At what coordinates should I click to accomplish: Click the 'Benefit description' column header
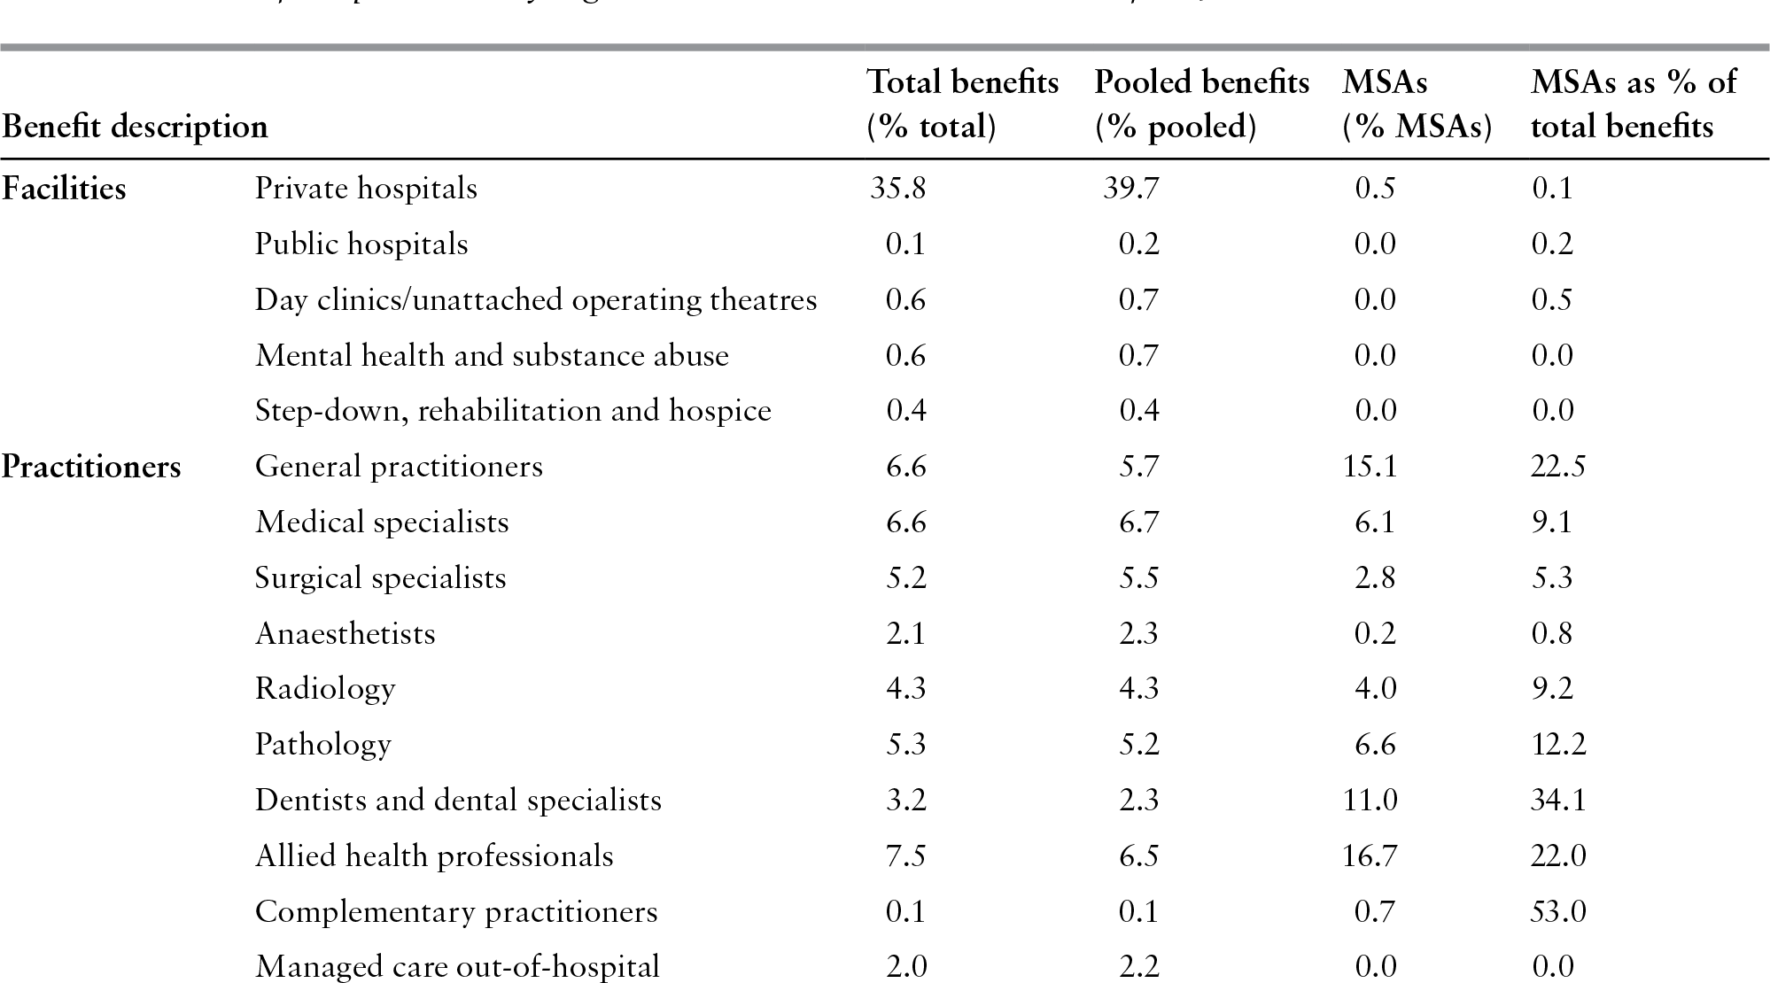pos(135,127)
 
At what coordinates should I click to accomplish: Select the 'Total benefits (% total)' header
pos(962,104)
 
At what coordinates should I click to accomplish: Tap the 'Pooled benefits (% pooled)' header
pos(1201,104)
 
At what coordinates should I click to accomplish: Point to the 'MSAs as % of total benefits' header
pos(1633,104)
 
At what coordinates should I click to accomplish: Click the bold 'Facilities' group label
pos(64,189)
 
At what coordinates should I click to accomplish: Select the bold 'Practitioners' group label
pos(91,467)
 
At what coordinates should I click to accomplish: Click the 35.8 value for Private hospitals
pos(898,189)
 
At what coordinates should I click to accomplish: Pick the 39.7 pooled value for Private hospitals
pos(1130,189)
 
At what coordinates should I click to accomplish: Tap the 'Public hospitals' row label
pos(361,244)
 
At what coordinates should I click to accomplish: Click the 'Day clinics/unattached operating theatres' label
pos(536,300)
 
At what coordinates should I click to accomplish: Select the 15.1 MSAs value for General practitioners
pos(1370,467)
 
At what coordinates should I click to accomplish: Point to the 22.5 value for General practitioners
pos(1557,467)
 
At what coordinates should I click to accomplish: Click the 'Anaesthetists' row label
pos(345,634)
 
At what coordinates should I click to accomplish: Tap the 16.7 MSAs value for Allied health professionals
pos(1370,856)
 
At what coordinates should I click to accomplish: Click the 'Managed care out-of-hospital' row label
pos(457,966)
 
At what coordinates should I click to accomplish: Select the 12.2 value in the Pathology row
pos(1557,745)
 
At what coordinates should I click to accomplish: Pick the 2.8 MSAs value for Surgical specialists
pos(1375,578)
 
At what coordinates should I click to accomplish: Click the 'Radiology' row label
pos(325,689)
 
